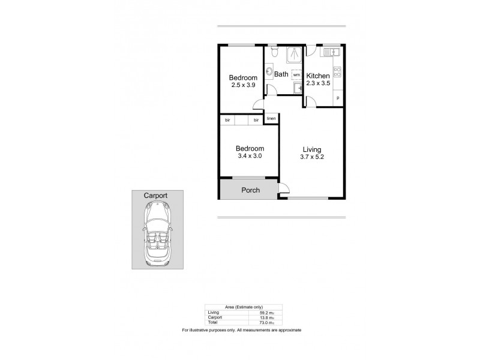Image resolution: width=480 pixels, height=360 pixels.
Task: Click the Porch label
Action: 250,190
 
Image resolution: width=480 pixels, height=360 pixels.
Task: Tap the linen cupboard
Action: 271,119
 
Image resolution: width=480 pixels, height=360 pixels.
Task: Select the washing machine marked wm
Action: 296,75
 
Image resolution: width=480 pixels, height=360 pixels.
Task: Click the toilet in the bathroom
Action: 274,53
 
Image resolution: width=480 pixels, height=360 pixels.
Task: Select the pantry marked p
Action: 337,98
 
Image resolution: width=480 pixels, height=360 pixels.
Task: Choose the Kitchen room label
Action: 318,76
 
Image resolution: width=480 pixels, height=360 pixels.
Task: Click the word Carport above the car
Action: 155,196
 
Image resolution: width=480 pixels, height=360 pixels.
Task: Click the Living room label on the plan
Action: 311,149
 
